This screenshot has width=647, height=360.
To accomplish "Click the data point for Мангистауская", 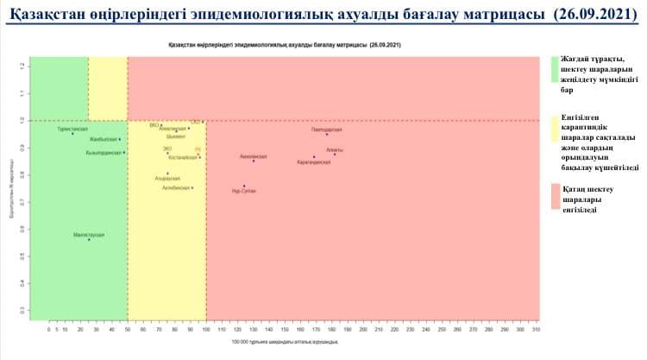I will (89, 239).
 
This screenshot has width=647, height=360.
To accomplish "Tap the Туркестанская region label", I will (72, 129).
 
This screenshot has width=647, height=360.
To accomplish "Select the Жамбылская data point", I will (120, 139).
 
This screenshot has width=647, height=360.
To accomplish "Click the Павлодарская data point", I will (327, 135).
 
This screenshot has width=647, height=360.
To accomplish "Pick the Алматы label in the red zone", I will (335, 149).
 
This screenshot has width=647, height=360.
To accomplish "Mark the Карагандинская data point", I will (315, 157).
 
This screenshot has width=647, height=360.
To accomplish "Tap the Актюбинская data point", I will (192, 188).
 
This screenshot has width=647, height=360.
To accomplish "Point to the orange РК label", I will (198, 149).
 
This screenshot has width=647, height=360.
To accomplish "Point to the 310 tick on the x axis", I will (536, 330).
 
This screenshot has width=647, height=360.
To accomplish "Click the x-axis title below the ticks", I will (286, 344).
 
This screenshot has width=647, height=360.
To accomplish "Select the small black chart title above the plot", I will (286, 42).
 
